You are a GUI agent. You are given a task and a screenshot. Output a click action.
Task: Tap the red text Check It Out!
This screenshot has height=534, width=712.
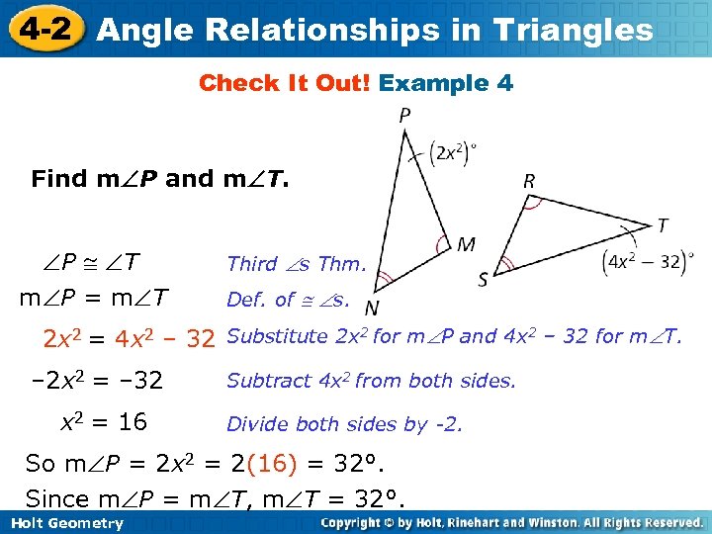[x=285, y=84]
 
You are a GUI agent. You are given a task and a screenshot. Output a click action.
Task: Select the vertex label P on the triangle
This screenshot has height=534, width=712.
[x=404, y=117]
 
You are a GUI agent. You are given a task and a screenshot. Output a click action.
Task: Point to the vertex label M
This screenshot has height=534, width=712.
[x=466, y=243]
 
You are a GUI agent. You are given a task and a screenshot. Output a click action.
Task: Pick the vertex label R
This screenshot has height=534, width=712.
[x=530, y=181]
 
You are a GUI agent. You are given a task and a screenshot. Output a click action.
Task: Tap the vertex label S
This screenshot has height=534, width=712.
[x=484, y=280]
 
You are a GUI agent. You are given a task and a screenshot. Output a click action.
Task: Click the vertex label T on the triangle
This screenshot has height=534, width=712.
[x=662, y=226]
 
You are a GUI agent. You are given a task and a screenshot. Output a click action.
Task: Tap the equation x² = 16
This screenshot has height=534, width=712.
[x=104, y=423]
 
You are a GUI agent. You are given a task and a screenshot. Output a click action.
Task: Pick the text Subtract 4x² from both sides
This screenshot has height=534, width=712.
[x=371, y=381]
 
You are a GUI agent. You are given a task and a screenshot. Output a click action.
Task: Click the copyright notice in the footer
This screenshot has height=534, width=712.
[x=511, y=523]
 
